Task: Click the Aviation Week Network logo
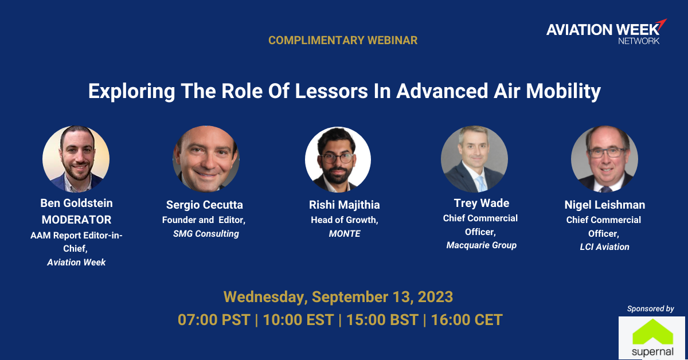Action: [607, 32]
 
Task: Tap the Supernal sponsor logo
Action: [652, 338]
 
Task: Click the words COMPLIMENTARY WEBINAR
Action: [343, 40]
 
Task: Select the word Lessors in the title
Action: [331, 91]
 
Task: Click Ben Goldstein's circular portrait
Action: [76, 159]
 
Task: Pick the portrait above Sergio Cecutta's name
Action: [206, 159]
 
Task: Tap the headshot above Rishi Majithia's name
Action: [338, 160]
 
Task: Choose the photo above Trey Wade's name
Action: [474, 159]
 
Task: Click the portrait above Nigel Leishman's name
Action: [604, 159]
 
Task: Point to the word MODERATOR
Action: [76, 220]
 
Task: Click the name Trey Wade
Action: [481, 203]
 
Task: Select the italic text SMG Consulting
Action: [206, 234]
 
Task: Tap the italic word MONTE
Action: [345, 234]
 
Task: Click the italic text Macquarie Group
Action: [481, 245]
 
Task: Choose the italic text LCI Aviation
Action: [604, 247]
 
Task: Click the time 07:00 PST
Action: [214, 320]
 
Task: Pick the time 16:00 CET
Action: [467, 320]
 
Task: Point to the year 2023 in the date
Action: [435, 297]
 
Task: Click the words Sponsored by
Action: [651, 309]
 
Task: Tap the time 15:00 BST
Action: [382, 320]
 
